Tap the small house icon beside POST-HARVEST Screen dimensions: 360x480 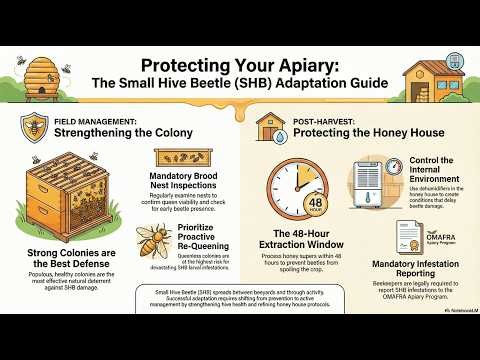click(x=267, y=127)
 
